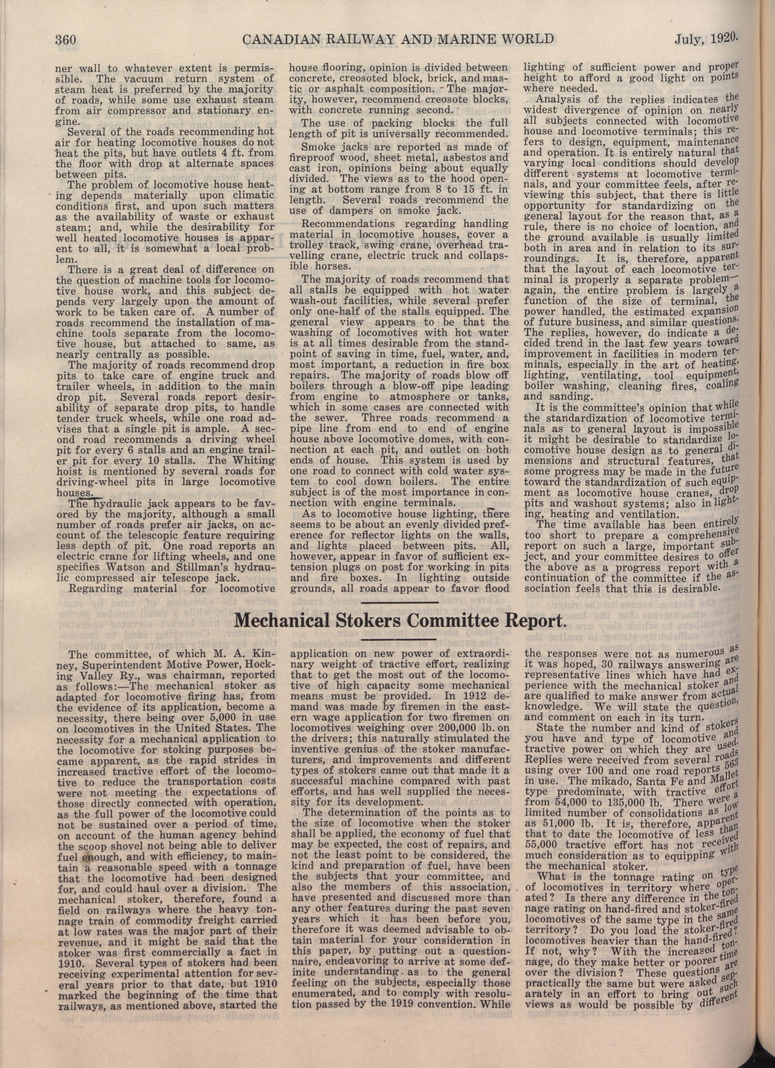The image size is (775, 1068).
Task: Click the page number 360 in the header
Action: click(x=69, y=39)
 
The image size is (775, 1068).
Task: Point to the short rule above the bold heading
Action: click(x=399, y=602)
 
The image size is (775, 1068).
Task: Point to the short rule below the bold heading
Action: click(x=399, y=639)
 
